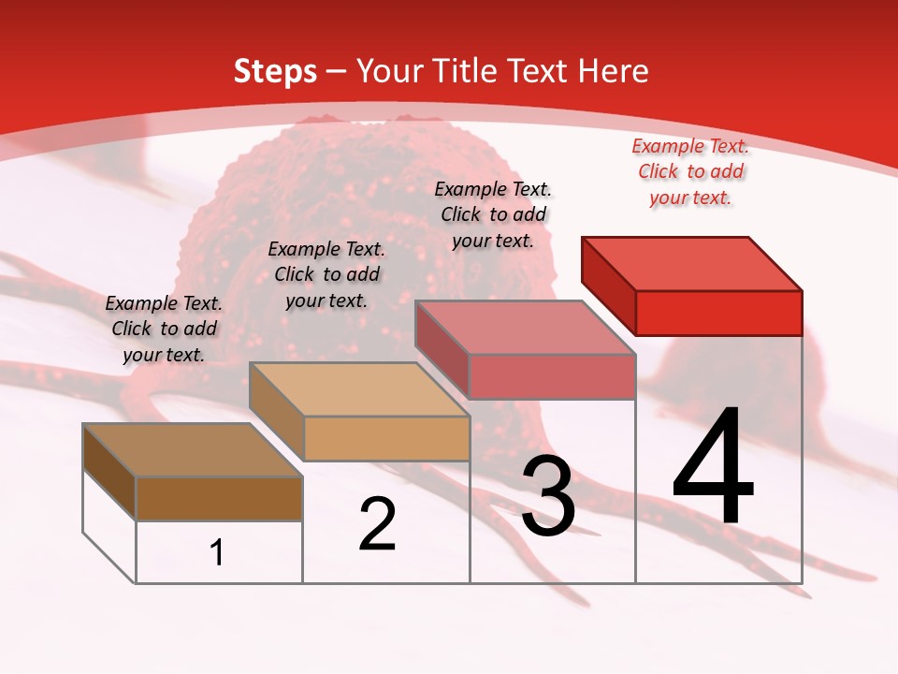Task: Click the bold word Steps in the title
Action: [x=275, y=71]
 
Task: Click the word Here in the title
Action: [x=614, y=71]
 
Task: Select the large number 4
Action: [x=713, y=468]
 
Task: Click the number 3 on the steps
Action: [x=548, y=496]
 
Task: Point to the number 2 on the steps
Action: [x=377, y=524]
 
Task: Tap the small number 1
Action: [x=217, y=552]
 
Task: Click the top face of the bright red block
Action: [x=692, y=263]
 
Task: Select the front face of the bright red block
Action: [x=718, y=313]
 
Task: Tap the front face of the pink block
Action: [x=552, y=376]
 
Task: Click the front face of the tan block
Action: [x=385, y=438]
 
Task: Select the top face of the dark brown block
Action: [x=193, y=450]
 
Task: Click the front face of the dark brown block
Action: [x=219, y=498]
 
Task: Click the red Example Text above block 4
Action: [x=690, y=171]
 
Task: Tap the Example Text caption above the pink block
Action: [x=493, y=214]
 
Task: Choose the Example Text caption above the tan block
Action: [x=326, y=274]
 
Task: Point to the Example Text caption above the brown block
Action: [x=164, y=329]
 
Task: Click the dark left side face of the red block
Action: [x=609, y=281]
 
